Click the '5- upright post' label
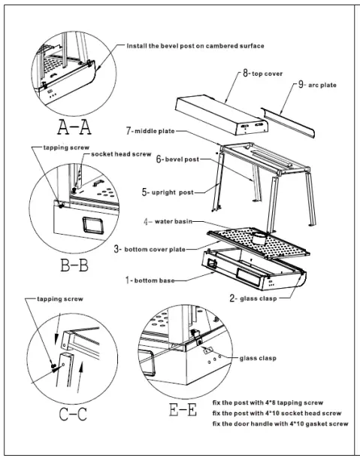(168, 193)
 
